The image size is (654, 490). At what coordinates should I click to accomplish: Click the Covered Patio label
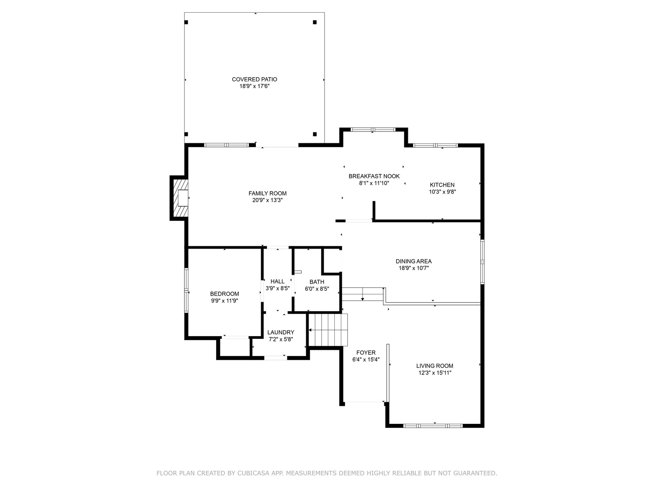pos(255,80)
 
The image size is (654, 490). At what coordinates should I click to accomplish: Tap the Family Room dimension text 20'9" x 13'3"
pos(267,200)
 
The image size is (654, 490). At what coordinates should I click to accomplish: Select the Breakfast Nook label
pos(374,176)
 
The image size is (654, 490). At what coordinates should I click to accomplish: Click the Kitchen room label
pos(442,185)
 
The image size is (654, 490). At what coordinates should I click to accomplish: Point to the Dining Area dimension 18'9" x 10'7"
pos(414,268)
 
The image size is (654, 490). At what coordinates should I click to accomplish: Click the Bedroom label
pos(224,294)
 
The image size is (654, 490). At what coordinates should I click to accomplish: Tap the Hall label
pos(278,281)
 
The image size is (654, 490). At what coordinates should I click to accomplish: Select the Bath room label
pos(317,282)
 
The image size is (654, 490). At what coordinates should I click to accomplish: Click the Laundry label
pos(281,332)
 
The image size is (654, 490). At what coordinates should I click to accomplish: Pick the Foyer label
pos(366,352)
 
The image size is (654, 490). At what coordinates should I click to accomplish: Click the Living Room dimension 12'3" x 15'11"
pos(435,373)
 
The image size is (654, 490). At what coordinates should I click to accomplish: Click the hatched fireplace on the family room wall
pos(179,198)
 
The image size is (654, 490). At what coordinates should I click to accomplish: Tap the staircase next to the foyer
pos(328,330)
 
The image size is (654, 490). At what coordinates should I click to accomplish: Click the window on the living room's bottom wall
pos(432,426)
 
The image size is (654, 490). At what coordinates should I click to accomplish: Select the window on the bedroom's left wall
pos(186,290)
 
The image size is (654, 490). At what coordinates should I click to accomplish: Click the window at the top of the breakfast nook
pos(373,129)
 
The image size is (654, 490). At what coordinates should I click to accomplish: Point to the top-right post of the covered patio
pos(315,22)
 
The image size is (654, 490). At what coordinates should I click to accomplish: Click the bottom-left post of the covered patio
pos(186,134)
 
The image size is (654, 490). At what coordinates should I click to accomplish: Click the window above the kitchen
pos(435,145)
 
